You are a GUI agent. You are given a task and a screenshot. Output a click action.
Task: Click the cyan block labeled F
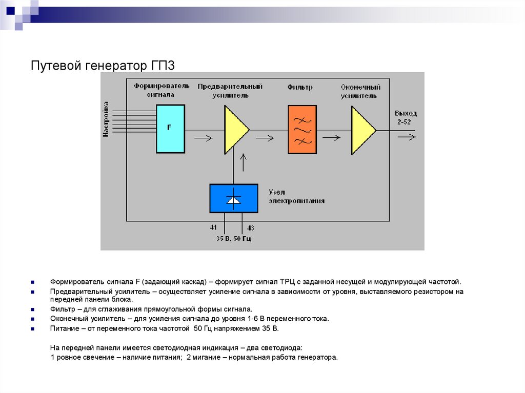click(170, 129)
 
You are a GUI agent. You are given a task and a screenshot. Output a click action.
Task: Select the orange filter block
click(302, 130)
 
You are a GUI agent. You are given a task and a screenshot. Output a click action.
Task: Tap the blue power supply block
click(233, 198)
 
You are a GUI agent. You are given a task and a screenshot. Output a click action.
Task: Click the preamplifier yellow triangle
click(234, 130)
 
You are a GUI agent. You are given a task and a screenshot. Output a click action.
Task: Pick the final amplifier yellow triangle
click(361, 130)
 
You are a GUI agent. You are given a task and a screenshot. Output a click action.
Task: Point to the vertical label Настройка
click(106, 119)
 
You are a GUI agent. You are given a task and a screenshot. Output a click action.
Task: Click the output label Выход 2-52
click(406, 117)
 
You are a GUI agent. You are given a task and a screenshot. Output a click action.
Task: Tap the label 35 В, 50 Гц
click(233, 238)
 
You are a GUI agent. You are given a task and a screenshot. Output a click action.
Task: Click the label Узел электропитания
click(296, 196)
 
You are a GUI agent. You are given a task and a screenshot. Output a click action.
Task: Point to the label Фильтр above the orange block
click(300, 88)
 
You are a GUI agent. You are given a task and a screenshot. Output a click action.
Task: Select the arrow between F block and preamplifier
click(203, 137)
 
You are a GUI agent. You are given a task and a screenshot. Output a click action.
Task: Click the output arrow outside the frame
click(408, 137)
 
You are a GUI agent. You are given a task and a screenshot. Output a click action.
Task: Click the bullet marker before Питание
click(32, 328)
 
